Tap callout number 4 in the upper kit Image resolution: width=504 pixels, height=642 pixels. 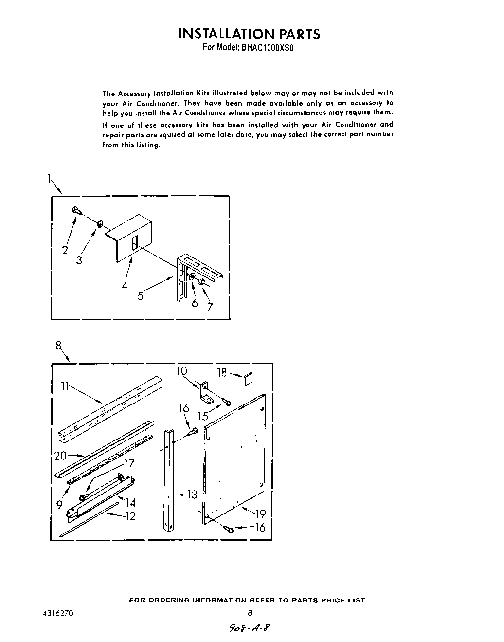[125, 285]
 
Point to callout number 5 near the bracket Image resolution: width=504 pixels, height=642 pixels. [140, 295]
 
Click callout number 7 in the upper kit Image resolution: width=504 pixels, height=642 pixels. [210, 306]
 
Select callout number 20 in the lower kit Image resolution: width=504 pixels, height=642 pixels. [61, 456]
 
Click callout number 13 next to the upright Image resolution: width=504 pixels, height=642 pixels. [192, 495]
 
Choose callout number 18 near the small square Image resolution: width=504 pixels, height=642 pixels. [222, 373]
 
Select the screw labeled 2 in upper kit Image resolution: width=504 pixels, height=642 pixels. [76, 210]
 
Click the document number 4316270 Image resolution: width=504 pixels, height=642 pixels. [57, 613]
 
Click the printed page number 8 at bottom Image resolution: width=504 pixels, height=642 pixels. [250, 613]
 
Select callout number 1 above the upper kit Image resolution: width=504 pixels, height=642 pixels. [49, 179]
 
